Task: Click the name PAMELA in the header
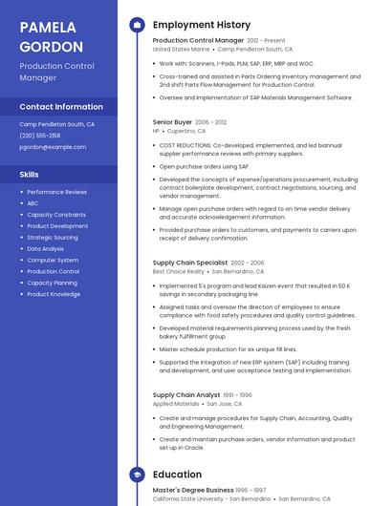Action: tap(49, 27)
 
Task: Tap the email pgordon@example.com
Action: tap(53, 147)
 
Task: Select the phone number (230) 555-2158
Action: tap(40, 136)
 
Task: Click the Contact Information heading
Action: tap(61, 107)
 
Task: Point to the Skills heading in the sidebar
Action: tap(30, 175)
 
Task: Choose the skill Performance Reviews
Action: tap(56, 192)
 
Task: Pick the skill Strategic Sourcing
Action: tap(53, 238)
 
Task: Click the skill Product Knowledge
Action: tap(54, 294)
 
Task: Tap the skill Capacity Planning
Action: tap(53, 283)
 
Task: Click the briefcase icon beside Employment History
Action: tap(137, 25)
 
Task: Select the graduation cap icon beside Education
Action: tap(137, 474)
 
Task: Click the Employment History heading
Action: tap(202, 25)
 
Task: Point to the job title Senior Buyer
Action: tap(172, 122)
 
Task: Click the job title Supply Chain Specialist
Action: tap(190, 262)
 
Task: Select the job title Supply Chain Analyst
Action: tap(186, 394)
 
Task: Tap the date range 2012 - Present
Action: tap(266, 41)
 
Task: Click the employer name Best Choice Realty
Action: tap(178, 271)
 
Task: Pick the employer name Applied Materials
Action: tap(177, 404)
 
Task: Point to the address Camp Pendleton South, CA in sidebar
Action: tap(57, 124)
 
